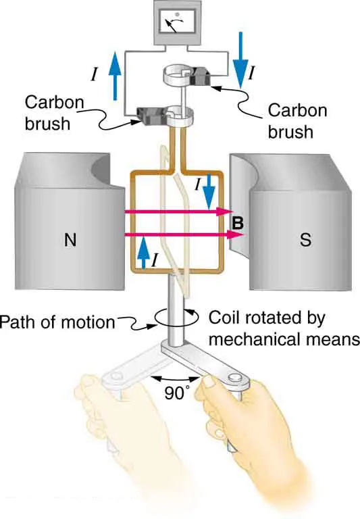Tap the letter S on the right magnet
coord(306,241)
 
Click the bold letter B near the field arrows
coord(234,220)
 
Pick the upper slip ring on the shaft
coord(178,73)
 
